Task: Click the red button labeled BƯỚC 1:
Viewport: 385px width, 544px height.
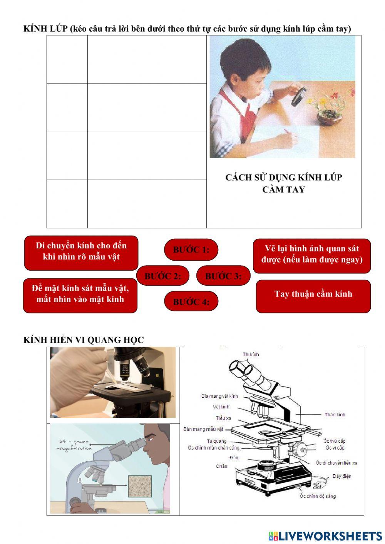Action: pos(191,249)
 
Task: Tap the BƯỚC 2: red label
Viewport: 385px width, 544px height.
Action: pos(163,276)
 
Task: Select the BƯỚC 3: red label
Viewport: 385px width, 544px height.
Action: pos(223,276)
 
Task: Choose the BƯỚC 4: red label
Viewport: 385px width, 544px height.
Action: pos(191,301)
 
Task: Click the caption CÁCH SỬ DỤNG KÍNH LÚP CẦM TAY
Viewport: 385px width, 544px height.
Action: pos(283,183)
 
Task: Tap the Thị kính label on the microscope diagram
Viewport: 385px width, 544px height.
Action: pos(251,354)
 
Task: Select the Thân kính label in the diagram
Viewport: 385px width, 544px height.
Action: pos(335,415)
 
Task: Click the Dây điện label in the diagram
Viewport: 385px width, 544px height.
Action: pos(341,476)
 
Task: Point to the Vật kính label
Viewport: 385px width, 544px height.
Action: pos(221,407)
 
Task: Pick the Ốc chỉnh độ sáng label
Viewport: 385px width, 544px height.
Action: pos(318,496)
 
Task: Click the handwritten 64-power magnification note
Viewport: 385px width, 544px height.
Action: pos(74,445)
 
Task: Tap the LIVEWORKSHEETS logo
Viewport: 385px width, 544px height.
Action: pos(325,536)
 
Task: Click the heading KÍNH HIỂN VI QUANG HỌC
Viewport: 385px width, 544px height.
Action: pos(84,340)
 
